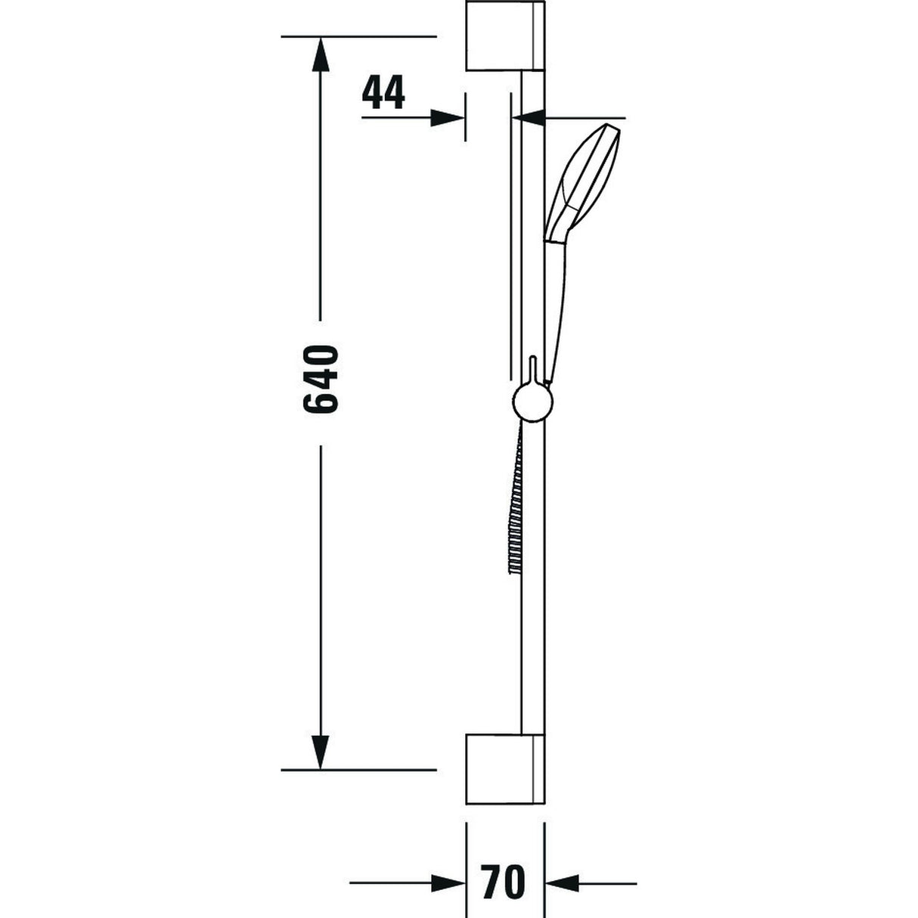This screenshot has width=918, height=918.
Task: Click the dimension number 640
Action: pyautogui.click(x=320, y=380)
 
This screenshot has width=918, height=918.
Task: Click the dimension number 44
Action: pyautogui.click(x=384, y=93)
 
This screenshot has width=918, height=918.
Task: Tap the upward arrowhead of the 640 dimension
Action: pyautogui.click(x=321, y=54)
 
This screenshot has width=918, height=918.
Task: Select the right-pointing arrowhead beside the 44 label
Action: pyautogui.click(x=447, y=117)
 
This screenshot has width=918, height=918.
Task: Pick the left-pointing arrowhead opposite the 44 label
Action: pyautogui.click(x=529, y=117)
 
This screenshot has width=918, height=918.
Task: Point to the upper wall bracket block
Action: pyautogui.click(x=504, y=36)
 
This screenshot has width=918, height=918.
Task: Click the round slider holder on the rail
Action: pyautogui.click(x=532, y=402)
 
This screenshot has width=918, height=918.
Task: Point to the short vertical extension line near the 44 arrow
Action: pyautogui.click(x=465, y=116)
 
